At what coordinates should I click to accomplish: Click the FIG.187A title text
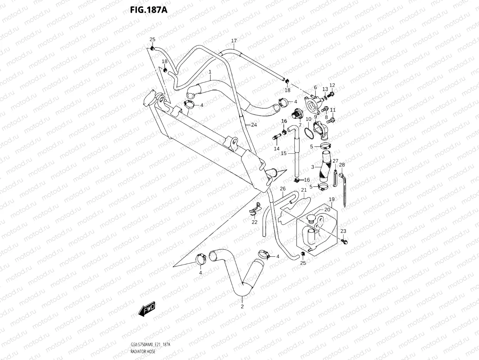click(148, 9)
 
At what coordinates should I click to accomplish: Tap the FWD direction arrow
click(147, 308)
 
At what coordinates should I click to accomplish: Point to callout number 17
click(234, 41)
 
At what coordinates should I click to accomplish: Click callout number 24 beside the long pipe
click(254, 125)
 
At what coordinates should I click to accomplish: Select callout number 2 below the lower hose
click(242, 306)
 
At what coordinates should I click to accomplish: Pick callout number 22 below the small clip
click(254, 222)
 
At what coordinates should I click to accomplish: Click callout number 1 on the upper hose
click(209, 72)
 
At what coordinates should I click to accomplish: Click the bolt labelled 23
click(344, 241)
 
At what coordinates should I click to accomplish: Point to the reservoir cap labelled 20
click(310, 219)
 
